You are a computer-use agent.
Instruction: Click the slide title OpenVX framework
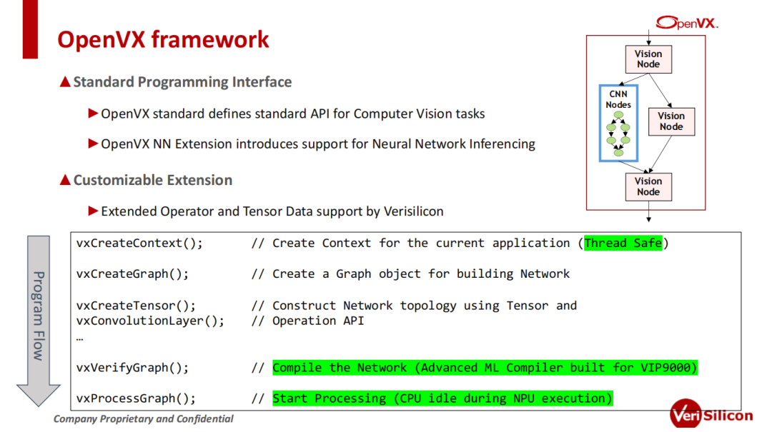tap(163, 39)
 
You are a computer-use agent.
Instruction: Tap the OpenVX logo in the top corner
tap(687, 23)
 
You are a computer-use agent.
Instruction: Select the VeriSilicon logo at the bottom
tap(711, 414)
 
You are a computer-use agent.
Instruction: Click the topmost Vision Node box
tap(648, 59)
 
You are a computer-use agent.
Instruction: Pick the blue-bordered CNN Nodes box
tap(618, 123)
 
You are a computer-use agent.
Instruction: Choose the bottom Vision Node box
tap(648, 186)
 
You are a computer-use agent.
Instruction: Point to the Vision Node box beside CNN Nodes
tap(671, 121)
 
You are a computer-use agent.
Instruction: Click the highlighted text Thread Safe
tap(623, 243)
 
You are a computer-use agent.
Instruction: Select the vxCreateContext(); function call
tap(139, 243)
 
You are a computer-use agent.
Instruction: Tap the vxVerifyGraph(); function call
tap(132, 368)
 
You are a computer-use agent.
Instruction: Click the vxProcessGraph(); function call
tap(136, 398)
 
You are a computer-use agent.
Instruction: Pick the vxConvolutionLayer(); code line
tap(150, 321)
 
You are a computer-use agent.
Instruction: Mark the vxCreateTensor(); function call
tap(136, 306)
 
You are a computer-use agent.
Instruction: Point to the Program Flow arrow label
tap(39, 316)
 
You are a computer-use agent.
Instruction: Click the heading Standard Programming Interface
tap(182, 81)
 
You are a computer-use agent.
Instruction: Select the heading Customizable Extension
tap(153, 180)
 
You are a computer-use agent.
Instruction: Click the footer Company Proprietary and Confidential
tap(143, 418)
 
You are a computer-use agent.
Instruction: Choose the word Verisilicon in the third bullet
tap(414, 211)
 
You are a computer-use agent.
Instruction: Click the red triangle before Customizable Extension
tap(65, 180)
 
